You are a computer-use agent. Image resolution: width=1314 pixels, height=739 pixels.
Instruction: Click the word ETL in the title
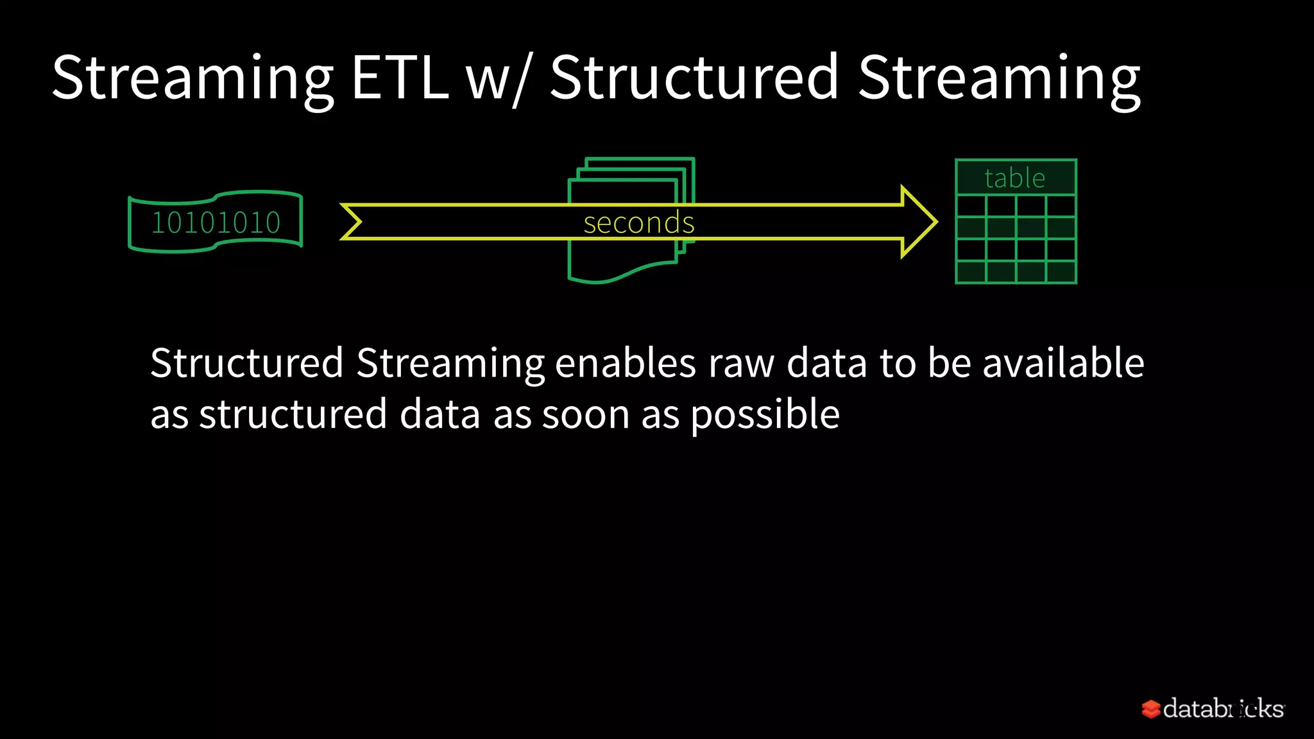click(400, 78)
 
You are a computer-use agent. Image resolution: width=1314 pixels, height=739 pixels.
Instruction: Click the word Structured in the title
click(694, 78)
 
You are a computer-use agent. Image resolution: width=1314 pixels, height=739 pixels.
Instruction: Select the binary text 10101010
click(216, 223)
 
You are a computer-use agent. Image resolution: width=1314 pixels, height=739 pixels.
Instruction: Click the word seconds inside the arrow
click(638, 223)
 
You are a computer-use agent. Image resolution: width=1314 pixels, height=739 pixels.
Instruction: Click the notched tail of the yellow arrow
click(353, 222)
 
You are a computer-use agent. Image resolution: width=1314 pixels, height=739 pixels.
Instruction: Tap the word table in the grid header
click(1014, 178)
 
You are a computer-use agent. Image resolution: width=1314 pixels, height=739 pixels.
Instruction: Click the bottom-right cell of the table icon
click(1061, 272)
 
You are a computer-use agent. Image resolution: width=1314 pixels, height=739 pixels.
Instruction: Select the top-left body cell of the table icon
click(971, 207)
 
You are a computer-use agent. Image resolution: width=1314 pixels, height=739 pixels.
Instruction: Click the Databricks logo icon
click(1151, 709)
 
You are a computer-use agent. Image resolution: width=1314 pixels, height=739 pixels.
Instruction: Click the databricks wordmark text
click(1223, 709)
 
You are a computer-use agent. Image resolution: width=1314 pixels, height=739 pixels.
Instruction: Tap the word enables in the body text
click(625, 363)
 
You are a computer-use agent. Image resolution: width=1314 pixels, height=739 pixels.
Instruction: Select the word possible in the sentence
click(765, 415)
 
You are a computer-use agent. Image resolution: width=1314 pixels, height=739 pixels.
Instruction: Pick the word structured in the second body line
click(293, 415)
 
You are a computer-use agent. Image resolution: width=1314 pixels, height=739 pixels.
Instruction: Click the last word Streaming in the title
click(999, 78)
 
